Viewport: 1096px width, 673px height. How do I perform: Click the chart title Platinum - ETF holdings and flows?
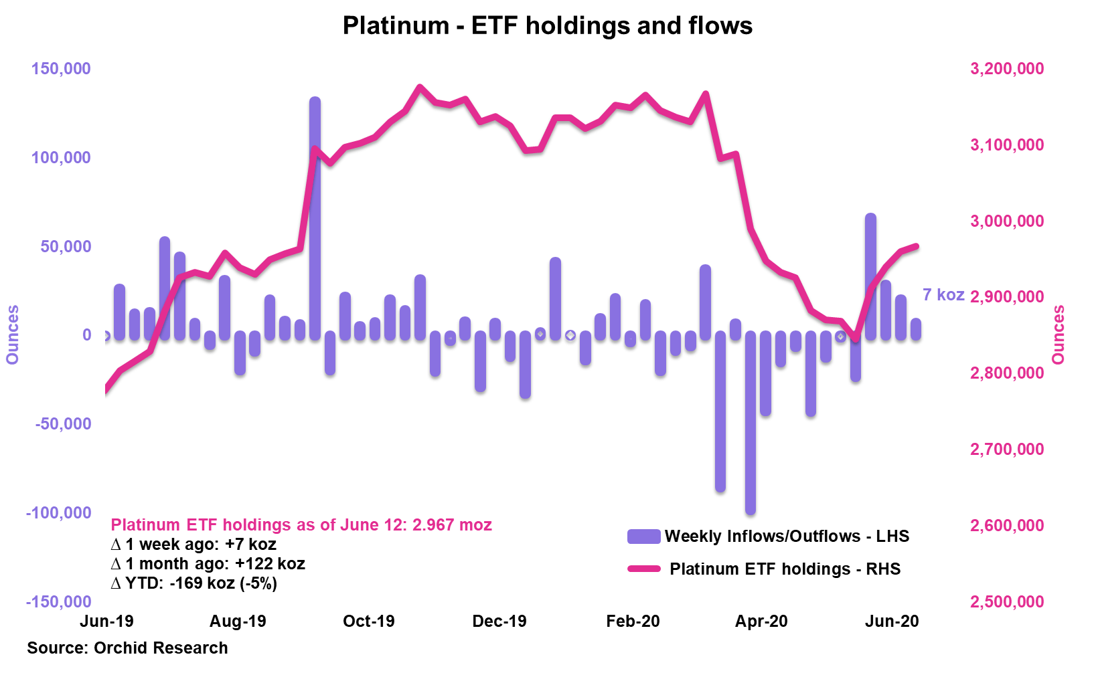click(x=547, y=26)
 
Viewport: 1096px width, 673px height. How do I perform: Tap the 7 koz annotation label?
click(x=943, y=295)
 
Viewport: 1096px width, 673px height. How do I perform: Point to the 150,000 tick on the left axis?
click(x=61, y=69)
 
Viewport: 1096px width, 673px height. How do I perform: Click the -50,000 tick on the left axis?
click(x=59, y=424)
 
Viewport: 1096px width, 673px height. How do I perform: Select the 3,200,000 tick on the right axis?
click(x=1006, y=69)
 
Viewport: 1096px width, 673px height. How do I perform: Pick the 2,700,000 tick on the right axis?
click(x=1006, y=450)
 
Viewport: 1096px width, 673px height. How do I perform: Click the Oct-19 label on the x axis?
click(x=368, y=621)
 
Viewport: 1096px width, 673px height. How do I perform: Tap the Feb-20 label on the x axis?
click(x=633, y=621)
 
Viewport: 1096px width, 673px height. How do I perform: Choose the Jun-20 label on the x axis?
click(x=892, y=621)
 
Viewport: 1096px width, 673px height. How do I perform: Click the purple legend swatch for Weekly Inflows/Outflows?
click(x=643, y=537)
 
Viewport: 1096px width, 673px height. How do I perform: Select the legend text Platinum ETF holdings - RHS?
click(x=785, y=569)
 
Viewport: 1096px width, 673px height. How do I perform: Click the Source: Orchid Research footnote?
click(x=127, y=648)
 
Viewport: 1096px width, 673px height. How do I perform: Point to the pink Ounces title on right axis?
click(x=1059, y=334)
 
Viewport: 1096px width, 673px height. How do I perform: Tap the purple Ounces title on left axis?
click(x=13, y=334)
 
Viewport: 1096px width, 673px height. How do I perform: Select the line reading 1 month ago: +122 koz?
click(x=208, y=564)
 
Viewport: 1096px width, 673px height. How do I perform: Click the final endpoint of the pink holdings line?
click(x=916, y=246)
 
